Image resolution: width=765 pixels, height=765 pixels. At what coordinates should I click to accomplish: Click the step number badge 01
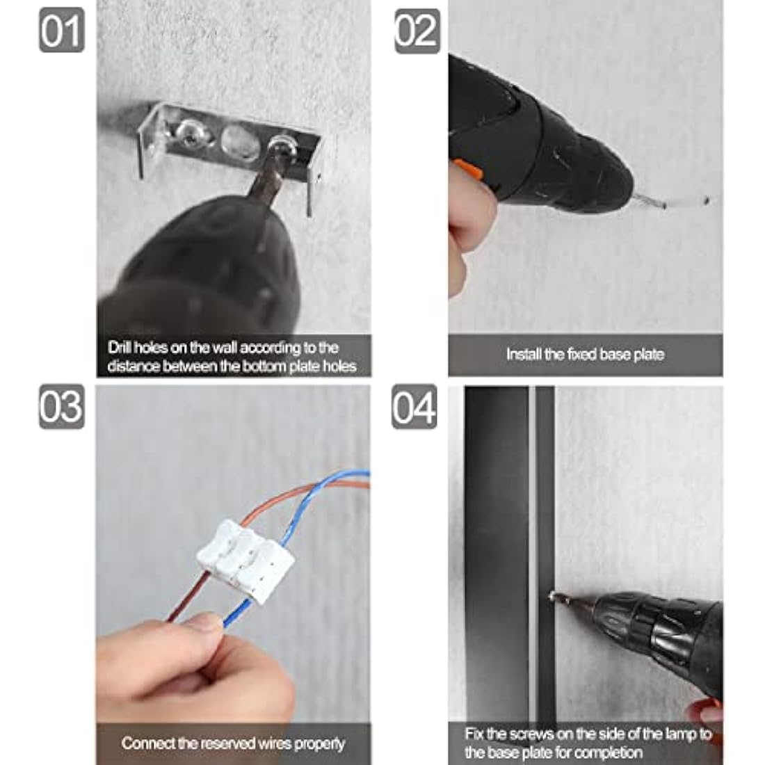[61, 31]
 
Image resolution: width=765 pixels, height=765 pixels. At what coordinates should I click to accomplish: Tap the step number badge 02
[417, 31]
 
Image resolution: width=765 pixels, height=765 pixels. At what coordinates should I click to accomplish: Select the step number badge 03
[61, 406]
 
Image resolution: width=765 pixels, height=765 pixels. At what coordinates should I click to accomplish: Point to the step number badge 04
[414, 406]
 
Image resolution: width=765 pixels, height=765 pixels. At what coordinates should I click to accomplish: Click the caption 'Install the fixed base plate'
[585, 354]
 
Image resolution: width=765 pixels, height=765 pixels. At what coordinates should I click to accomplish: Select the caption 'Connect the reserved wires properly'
[233, 743]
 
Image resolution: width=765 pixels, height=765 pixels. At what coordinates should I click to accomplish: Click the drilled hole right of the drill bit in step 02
[707, 200]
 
